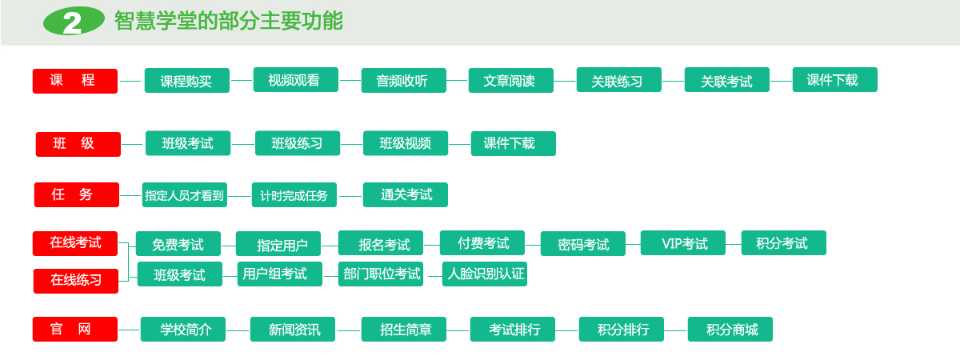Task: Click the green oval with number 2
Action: [74, 21]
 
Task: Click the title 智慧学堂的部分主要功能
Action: [229, 21]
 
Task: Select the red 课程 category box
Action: [75, 81]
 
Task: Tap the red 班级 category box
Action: [78, 144]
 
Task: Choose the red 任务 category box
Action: [77, 194]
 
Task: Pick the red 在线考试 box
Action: [75, 243]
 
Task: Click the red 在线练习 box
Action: [76, 281]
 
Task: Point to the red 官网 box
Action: [75, 329]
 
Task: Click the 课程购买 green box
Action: [187, 80]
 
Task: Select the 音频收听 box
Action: [404, 80]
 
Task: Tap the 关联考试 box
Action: [727, 80]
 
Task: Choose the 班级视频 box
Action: [406, 143]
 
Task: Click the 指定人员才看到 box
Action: [185, 195]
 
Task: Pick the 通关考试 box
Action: [406, 195]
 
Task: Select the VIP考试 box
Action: [683, 243]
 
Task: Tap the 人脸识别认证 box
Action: [485, 274]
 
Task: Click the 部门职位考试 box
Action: [381, 274]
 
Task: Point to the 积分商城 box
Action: [730, 329]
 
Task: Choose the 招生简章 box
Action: [404, 329]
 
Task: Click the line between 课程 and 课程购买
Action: [130, 81]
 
